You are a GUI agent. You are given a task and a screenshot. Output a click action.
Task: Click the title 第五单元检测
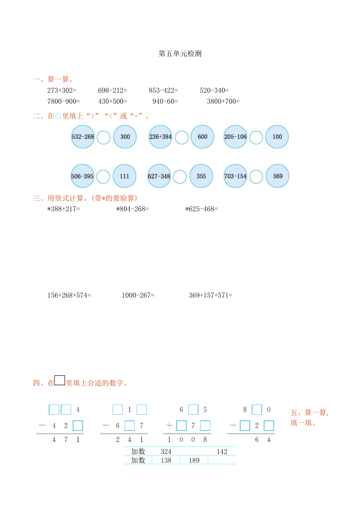tap(180, 54)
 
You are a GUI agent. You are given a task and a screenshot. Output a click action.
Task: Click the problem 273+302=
tap(62, 91)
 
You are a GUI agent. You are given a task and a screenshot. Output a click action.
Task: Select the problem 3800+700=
tap(223, 101)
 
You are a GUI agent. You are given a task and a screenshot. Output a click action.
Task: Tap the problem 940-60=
tap(165, 101)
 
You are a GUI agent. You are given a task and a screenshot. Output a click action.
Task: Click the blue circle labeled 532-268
tap(83, 137)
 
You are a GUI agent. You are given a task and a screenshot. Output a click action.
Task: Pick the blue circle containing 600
tap(202, 137)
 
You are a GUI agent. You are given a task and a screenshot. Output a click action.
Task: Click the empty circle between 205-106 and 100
tap(256, 137)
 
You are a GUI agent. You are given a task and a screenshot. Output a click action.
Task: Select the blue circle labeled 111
tap(124, 176)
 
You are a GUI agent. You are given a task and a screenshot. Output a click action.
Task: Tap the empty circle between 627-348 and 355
tap(180, 176)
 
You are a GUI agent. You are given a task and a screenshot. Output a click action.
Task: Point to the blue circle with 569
tap(277, 176)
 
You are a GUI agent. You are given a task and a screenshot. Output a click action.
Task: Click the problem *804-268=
tap(132, 209)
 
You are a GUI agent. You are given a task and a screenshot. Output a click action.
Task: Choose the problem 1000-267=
tap(138, 295)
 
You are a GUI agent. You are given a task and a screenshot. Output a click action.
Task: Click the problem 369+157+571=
tap(210, 295)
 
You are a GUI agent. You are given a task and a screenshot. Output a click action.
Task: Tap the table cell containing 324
tap(166, 451)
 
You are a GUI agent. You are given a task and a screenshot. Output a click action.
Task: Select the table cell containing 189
tap(194, 461)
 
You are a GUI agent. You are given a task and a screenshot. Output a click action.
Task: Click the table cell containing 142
tap(222, 451)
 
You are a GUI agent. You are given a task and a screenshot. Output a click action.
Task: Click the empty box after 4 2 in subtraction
tap(78, 426)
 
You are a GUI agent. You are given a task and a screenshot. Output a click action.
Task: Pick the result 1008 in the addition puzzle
tap(187, 440)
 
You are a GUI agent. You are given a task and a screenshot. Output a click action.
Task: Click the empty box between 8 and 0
tap(257, 409)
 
